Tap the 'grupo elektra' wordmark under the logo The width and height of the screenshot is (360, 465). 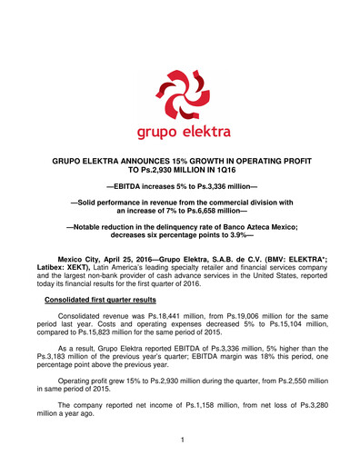[x=179, y=134]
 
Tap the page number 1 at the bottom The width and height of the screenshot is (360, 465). [x=181, y=441]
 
